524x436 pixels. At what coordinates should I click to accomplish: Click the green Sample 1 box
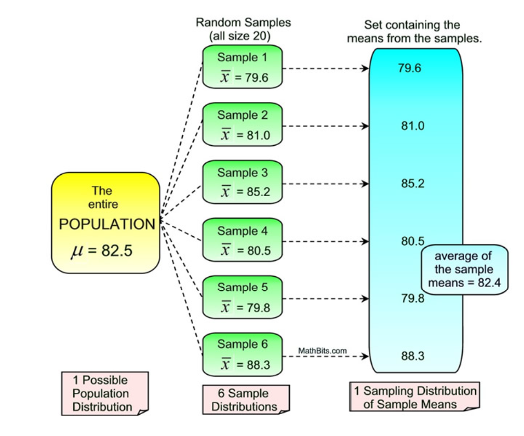click(243, 67)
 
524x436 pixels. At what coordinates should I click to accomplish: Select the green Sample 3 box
click(243, 182)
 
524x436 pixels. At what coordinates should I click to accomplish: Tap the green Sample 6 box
click(243, 354)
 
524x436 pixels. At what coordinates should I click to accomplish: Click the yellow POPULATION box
click(105, 223)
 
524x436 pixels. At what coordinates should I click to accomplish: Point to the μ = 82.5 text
click(102, 251)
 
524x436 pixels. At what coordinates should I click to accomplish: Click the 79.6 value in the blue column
click(410, 68)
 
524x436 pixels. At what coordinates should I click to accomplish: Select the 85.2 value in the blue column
click(412, 184)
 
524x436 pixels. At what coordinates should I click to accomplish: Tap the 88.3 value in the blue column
click(412, 356)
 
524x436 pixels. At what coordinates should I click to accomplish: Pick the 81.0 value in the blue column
click(412, 126)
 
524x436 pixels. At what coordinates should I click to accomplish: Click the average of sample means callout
click(463, 270)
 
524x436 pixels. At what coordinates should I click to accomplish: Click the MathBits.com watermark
click(323, 351)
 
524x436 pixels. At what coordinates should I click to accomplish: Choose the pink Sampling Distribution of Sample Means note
click(414, 397)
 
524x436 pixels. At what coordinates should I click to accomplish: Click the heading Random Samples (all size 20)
click(243, 30)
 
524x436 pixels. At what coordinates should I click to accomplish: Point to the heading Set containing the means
click(412, 31)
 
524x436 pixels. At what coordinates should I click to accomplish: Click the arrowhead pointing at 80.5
click(365, 241)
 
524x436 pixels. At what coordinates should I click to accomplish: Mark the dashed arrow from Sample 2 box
click(325, 126)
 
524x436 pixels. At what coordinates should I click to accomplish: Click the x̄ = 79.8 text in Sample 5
click(246, 307)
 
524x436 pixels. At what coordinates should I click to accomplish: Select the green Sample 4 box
click(243, 240)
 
